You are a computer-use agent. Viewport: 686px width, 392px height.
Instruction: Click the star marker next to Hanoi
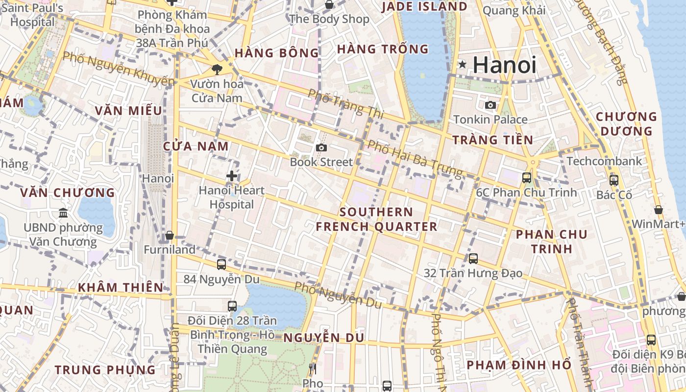(462, 64)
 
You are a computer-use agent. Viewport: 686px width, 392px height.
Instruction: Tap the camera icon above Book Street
(321, 147)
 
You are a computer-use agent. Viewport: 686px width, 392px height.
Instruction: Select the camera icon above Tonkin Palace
(490, 105)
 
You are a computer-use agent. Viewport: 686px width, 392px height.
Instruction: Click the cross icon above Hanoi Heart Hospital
(232, 176)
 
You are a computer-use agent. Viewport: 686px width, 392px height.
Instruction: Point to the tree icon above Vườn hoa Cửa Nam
(217, 70)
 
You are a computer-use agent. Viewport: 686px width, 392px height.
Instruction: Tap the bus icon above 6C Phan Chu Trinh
(527, 178)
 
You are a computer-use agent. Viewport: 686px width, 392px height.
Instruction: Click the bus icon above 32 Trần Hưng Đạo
(473, 258)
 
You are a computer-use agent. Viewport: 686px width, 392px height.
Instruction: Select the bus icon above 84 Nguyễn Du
(221, 265)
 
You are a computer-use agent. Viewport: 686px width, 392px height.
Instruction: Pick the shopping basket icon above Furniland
(170, 236)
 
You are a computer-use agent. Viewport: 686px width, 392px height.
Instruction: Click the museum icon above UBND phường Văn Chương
(63, 213)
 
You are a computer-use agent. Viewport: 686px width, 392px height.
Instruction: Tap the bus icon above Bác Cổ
(614, 180)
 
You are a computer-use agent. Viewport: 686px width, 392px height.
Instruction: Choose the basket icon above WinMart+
(659, 210)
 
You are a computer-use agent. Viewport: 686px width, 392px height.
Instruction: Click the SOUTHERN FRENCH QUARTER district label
(376, 219)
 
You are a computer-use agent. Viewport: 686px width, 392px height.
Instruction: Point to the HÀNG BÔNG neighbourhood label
(277, 53)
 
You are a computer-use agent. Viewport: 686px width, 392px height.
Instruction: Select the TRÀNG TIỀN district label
(492, 140)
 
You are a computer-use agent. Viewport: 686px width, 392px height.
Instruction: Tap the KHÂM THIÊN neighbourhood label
(121, 287)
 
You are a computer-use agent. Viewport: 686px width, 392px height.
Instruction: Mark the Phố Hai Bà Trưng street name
(415, 158)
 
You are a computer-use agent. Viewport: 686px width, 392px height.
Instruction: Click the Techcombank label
(604, 161)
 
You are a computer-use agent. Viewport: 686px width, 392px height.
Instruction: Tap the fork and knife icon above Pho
(313, 368)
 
